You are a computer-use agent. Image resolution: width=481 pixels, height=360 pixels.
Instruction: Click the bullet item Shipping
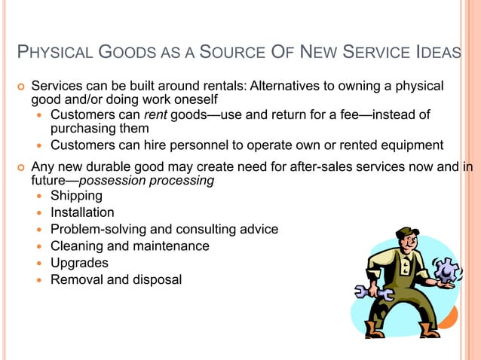(x=76, y=196)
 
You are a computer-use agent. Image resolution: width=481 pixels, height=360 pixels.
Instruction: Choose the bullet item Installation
(x=82, y=212)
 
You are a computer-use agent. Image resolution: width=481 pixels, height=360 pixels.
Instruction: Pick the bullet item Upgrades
(x=79, y=263)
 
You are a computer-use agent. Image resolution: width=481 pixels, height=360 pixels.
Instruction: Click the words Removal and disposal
(x=116, y=279)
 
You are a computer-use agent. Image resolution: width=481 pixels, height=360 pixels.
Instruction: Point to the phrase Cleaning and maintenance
(x=130, y=246)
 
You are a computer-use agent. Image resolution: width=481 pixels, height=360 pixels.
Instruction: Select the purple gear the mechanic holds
(x=446, y=270)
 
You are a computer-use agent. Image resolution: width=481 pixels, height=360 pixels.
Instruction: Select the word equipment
(x=413, y=145)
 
